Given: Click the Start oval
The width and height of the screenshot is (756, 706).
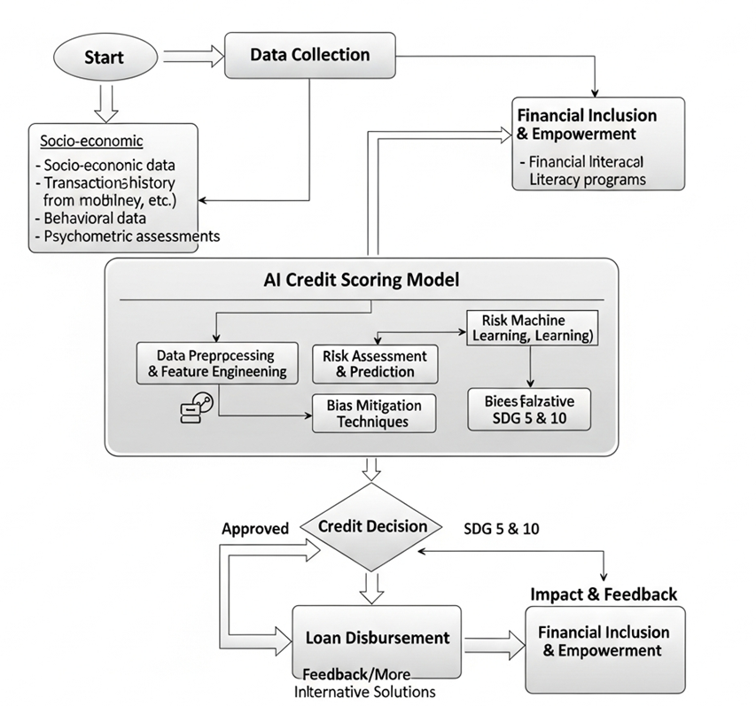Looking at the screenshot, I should tap(104, 58).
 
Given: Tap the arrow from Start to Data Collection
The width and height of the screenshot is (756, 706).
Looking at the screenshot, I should tap(193, 56).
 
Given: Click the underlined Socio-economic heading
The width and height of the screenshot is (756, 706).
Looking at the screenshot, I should tap(91, 142).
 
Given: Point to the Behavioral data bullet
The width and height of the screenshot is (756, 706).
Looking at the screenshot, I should tap(90, 218).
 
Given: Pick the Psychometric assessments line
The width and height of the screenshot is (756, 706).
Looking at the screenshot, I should tap(126, 237).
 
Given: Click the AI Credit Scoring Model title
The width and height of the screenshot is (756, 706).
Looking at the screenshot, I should tap(362, 281).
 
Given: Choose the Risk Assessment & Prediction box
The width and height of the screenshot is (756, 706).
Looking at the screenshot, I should tap(375, 364).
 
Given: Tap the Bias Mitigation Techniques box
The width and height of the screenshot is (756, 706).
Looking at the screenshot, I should tap(374, 413).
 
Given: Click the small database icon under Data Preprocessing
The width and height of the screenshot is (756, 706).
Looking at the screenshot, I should tap(196, 408).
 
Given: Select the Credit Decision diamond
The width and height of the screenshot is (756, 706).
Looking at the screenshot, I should tap(371, 526).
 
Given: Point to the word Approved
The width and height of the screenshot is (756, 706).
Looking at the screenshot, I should tap(255, 529).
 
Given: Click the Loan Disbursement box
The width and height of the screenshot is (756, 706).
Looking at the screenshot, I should tap(377, 638).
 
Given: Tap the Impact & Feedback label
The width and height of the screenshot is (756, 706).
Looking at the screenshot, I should tap(604, 594).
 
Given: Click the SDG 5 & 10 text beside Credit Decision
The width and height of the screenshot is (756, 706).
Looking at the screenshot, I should tap(502, 529).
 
